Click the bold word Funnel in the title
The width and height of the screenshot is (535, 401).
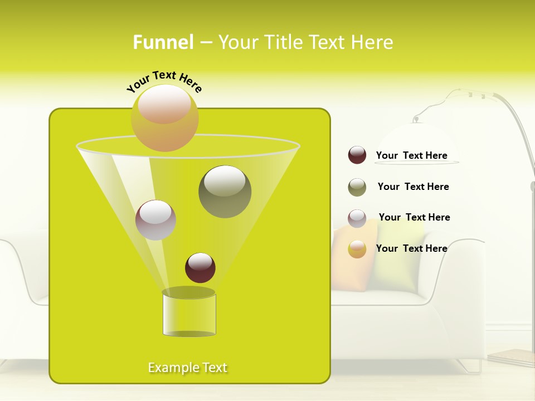(163, 42)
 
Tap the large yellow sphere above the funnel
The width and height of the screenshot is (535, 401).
(164, 118)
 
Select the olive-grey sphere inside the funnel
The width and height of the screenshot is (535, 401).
(225, 191)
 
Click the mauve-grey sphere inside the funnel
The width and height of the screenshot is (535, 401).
(155, 220)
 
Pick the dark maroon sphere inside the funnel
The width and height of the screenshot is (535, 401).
(200, 267)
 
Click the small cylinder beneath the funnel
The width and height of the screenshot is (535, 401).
(189, 313)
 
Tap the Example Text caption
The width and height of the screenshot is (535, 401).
(188, 368)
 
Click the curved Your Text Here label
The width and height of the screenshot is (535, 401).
(164, 81)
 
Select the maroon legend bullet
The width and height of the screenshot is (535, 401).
(357, 155)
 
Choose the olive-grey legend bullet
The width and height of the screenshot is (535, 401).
(357, 187)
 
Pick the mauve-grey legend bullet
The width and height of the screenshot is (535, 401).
(357, 218)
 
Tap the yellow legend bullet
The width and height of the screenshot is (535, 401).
(357, 249)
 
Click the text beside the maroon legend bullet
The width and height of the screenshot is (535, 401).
(412, 155)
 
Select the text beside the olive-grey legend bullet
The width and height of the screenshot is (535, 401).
(413, 187)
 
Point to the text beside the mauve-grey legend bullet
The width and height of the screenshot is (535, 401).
(414, 217)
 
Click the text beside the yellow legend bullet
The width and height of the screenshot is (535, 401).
(412, 248)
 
